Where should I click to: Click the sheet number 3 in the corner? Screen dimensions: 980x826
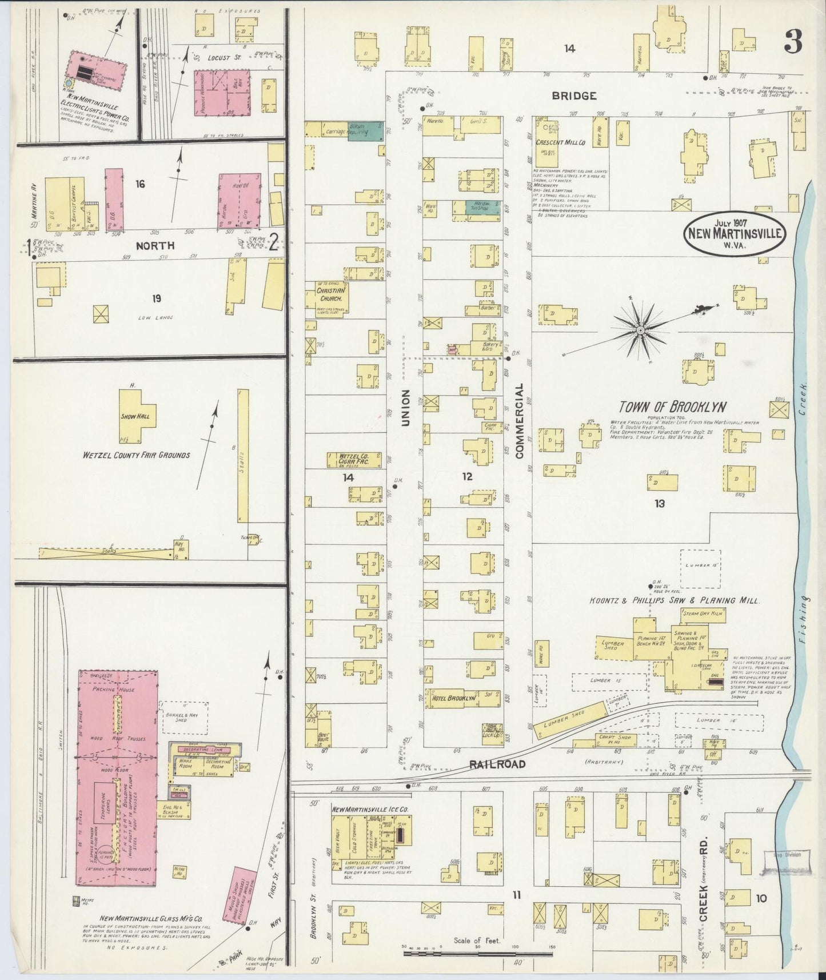point(793,41)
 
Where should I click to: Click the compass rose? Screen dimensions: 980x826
point(640,330)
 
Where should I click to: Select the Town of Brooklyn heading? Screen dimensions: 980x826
point(673,407)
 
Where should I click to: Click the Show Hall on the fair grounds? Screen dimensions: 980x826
point(135,417)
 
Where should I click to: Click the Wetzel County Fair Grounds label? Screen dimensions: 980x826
point(137,456)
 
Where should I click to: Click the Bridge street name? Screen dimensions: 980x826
point(574,96)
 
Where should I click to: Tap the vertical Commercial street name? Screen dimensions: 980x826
point(520,421)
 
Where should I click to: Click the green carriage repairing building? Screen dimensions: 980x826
point(365,130)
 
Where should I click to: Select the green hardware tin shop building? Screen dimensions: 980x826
point(479,207)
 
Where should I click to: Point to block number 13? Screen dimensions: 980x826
point(660,504)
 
